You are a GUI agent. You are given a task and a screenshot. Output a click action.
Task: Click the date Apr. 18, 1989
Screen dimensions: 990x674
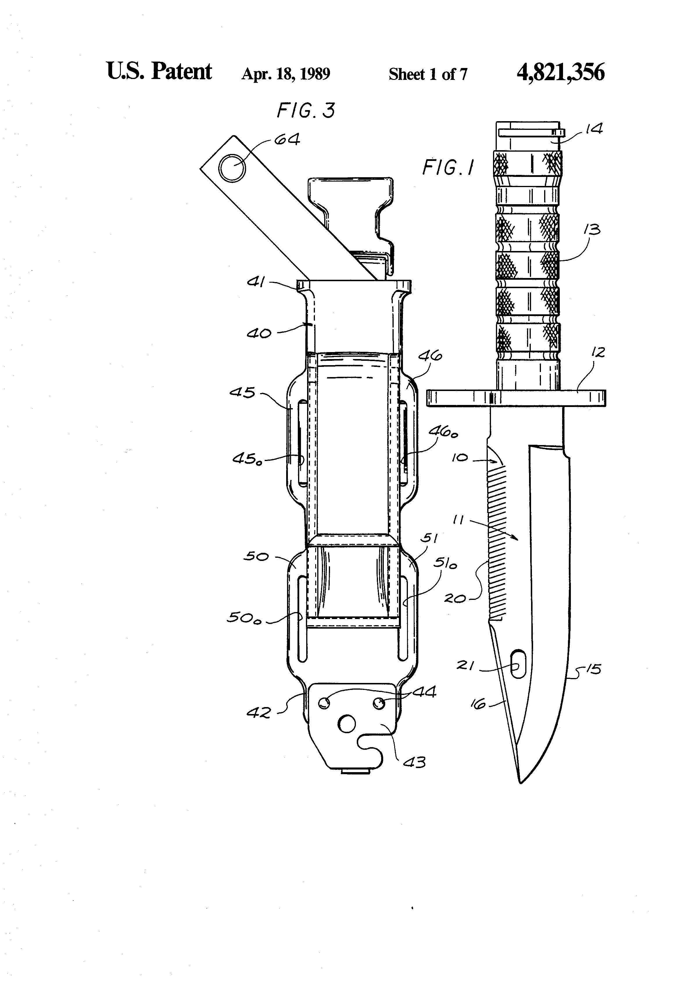[286, 74]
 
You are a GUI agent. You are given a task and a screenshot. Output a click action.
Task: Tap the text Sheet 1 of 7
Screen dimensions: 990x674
[427, 75]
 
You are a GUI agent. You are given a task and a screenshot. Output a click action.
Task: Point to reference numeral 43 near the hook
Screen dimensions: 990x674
[414, 762]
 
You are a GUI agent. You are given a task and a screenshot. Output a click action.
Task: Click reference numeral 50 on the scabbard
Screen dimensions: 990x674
[256, 556]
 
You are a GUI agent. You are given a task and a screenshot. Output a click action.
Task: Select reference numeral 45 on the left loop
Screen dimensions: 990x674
[242, 392]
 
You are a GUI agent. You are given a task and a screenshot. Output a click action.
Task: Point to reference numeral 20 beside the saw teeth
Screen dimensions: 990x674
[455, 598]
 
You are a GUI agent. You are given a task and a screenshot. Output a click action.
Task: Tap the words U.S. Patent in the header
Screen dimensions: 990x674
[159, 71]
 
